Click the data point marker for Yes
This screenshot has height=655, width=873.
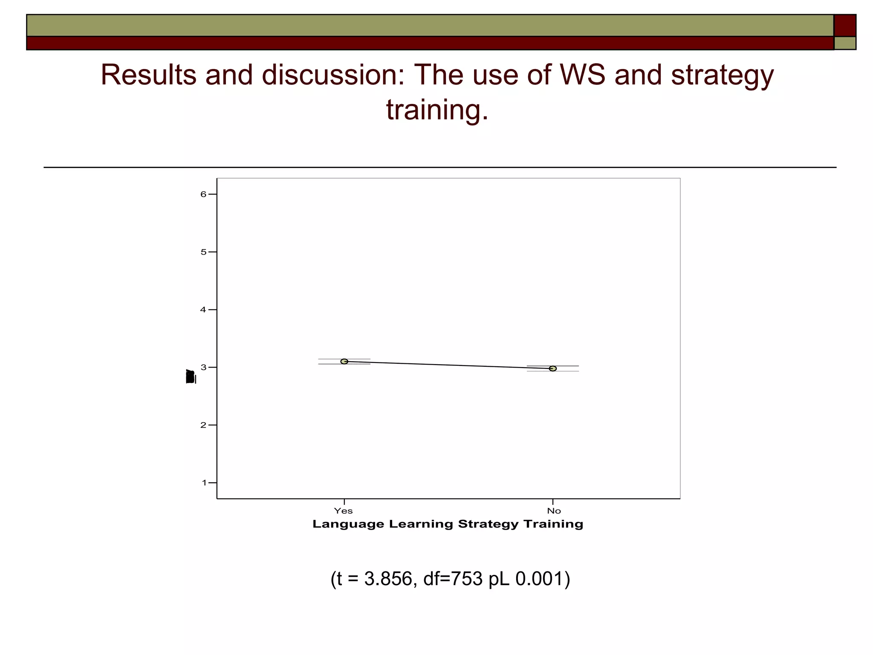point(344,362)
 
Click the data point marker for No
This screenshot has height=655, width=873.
point(553,368)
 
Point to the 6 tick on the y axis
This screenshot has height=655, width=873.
point(204,194)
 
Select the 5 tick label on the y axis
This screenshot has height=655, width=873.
point(204,252)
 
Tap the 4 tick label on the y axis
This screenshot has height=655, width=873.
point(204,310)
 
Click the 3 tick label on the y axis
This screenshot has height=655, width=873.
point(204,367)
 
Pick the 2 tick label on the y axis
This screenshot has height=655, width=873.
point(204,425)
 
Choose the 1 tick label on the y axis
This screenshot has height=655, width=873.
point(204,483)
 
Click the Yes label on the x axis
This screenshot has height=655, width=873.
point(343,511)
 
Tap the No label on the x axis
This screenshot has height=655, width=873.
point(554,511)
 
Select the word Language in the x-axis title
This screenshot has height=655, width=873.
point(348,524)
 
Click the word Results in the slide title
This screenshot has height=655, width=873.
point(149,75)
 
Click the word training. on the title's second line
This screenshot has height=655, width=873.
point(437,110)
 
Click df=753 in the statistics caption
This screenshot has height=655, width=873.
point(453,579)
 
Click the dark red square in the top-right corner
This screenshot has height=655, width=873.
point(844,25)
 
